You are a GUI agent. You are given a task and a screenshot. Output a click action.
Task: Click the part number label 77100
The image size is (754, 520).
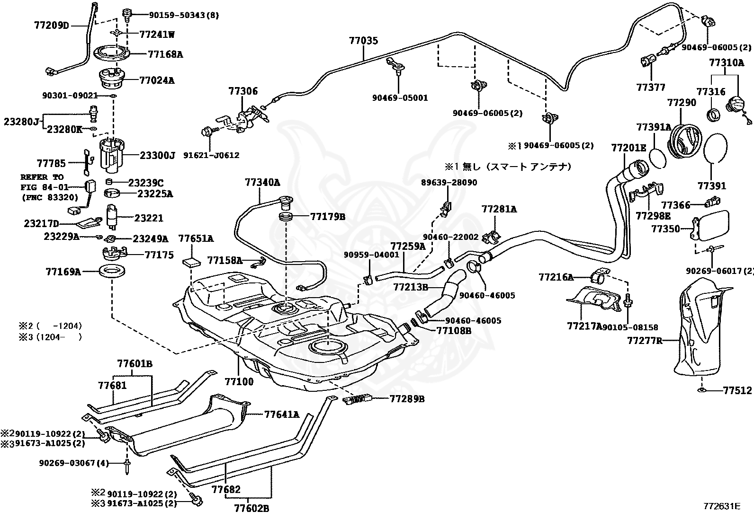239,381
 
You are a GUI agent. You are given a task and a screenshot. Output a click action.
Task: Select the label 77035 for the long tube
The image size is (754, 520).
364,41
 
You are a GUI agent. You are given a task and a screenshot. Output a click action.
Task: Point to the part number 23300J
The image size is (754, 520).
157,155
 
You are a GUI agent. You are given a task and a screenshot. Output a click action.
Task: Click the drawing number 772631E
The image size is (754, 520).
721,506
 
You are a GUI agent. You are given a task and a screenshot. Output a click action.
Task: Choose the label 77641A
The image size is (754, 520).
282,414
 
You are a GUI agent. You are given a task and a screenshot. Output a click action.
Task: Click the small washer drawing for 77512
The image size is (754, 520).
700,391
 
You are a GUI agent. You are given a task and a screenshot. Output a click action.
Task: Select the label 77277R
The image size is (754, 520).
645,340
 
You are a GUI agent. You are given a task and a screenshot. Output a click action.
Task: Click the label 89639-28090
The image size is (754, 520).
449,182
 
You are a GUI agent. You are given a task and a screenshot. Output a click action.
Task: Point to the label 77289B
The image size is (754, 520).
407,399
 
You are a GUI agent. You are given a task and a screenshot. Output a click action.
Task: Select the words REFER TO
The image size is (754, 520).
42,177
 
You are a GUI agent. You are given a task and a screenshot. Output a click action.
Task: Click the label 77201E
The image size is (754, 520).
628,148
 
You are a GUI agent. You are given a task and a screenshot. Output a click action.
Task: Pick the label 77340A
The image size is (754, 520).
262,182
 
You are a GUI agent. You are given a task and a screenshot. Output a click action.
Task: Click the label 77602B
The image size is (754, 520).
251,509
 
